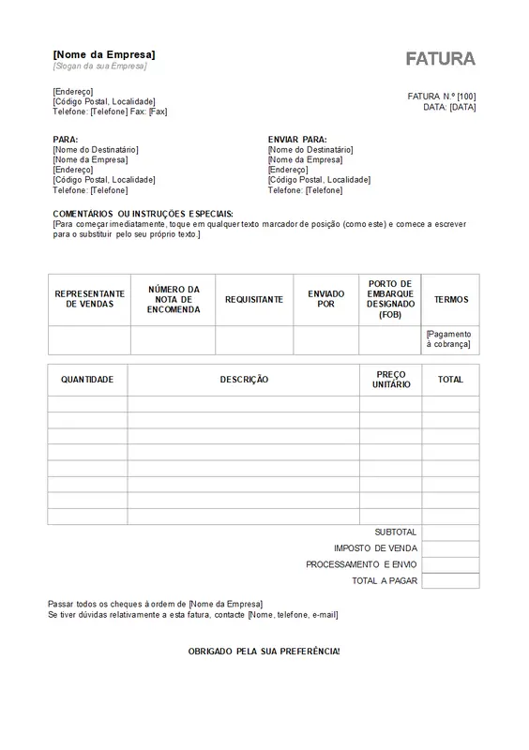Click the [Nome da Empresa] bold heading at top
click(104, 55)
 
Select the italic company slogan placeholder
click(100, 67)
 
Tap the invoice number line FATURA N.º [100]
click(442, 97)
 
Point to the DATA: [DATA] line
click(449, 108)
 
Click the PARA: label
click(66, 139)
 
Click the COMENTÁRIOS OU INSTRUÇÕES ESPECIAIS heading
click(143, 214)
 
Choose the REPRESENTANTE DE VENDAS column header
click(89, 299)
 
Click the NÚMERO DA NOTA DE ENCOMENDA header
click(173, 299)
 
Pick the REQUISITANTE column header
click(253, 299)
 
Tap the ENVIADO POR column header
click(325, 299)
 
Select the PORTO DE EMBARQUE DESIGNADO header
click(390, 299)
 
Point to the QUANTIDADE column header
click(87, 380)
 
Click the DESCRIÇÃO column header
click(244, 380)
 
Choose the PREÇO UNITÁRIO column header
click(390, 380)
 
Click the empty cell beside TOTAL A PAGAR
click(450, 581)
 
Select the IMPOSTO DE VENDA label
click(375, 547)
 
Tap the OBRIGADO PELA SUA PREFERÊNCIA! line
click(264, 650)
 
